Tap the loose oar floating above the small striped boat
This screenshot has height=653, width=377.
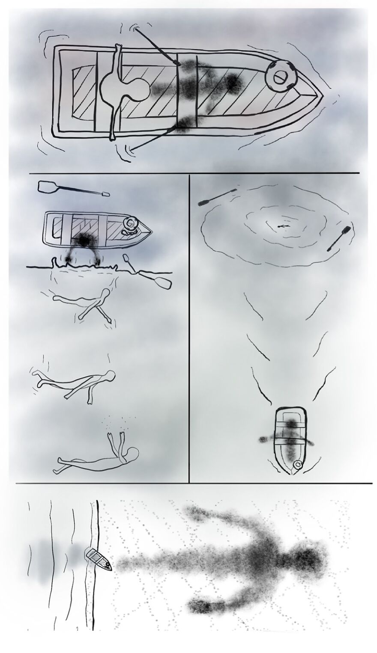pyautogui.click(x=73, y=188)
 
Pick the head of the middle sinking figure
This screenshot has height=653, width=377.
pyautogui.click(x=110, y=377)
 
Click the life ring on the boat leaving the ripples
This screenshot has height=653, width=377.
pyautogui.click(x=297, y=464)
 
